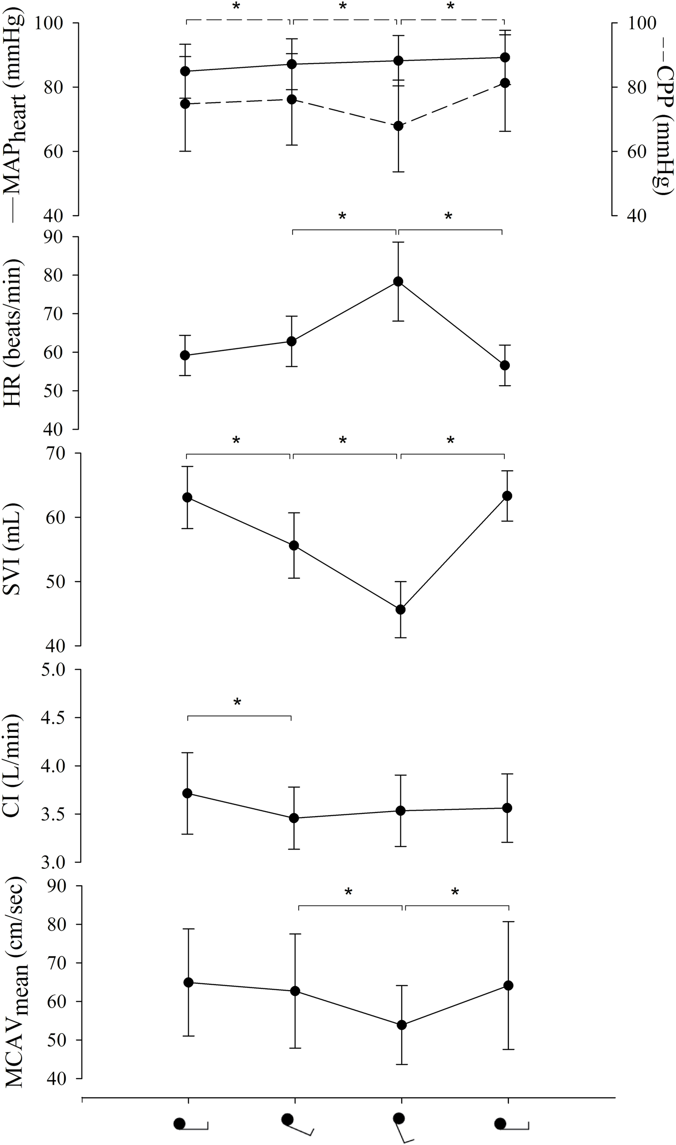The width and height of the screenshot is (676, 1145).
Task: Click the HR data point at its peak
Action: (398, 281)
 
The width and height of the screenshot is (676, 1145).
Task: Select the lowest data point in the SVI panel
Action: (400, 609)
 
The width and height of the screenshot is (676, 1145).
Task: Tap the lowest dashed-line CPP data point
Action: (398, 126)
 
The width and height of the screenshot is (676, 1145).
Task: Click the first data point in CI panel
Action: (187, 793)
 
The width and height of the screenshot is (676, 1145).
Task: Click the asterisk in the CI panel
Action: (237, 702)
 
